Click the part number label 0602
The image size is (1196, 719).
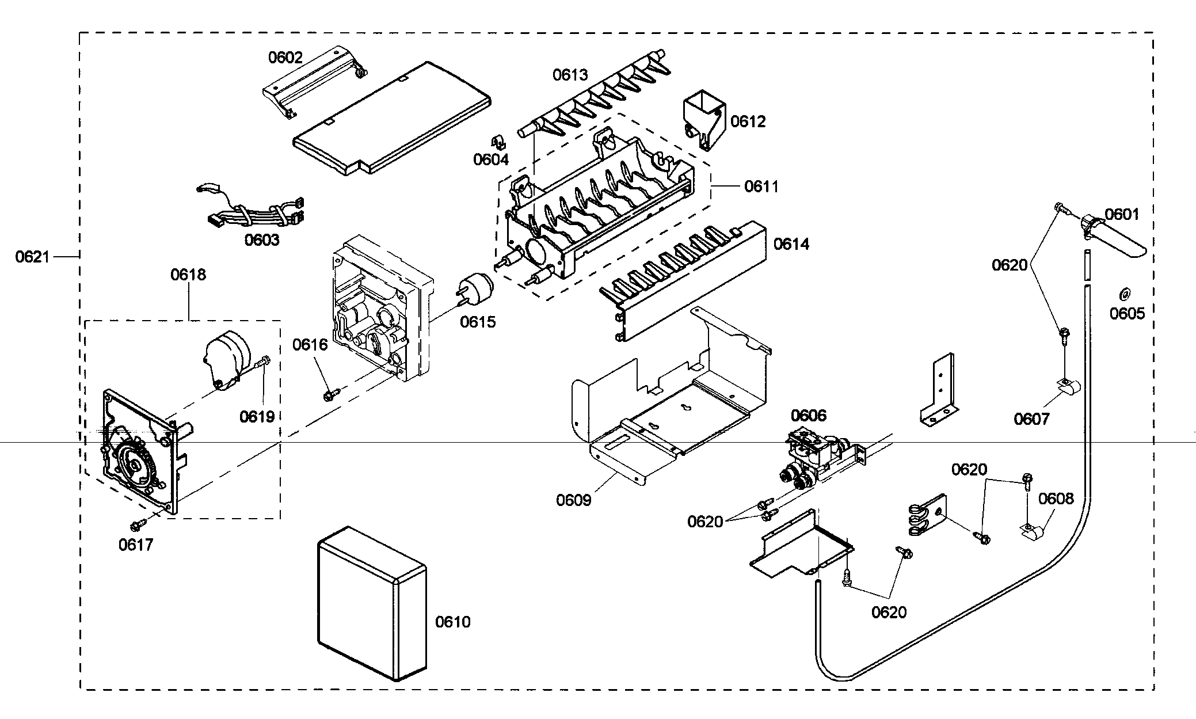pyautogui.click(x=285, y=57)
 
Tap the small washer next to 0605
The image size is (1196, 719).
pyautogui.click(x=1122, y=295)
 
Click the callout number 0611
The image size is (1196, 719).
pyautogui.click(x=761, y=187)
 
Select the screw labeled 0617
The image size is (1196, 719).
pyautogui.click(x=137, y=524)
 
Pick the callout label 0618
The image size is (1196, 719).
pyautogui.click(x=188, y=275)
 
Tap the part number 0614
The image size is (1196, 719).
pyautogui.click(x=791, y=244)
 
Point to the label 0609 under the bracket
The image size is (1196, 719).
pyautogui.click(x=573, y=500)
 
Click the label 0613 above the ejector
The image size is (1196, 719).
pyautogui.click(x=570, y=75)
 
